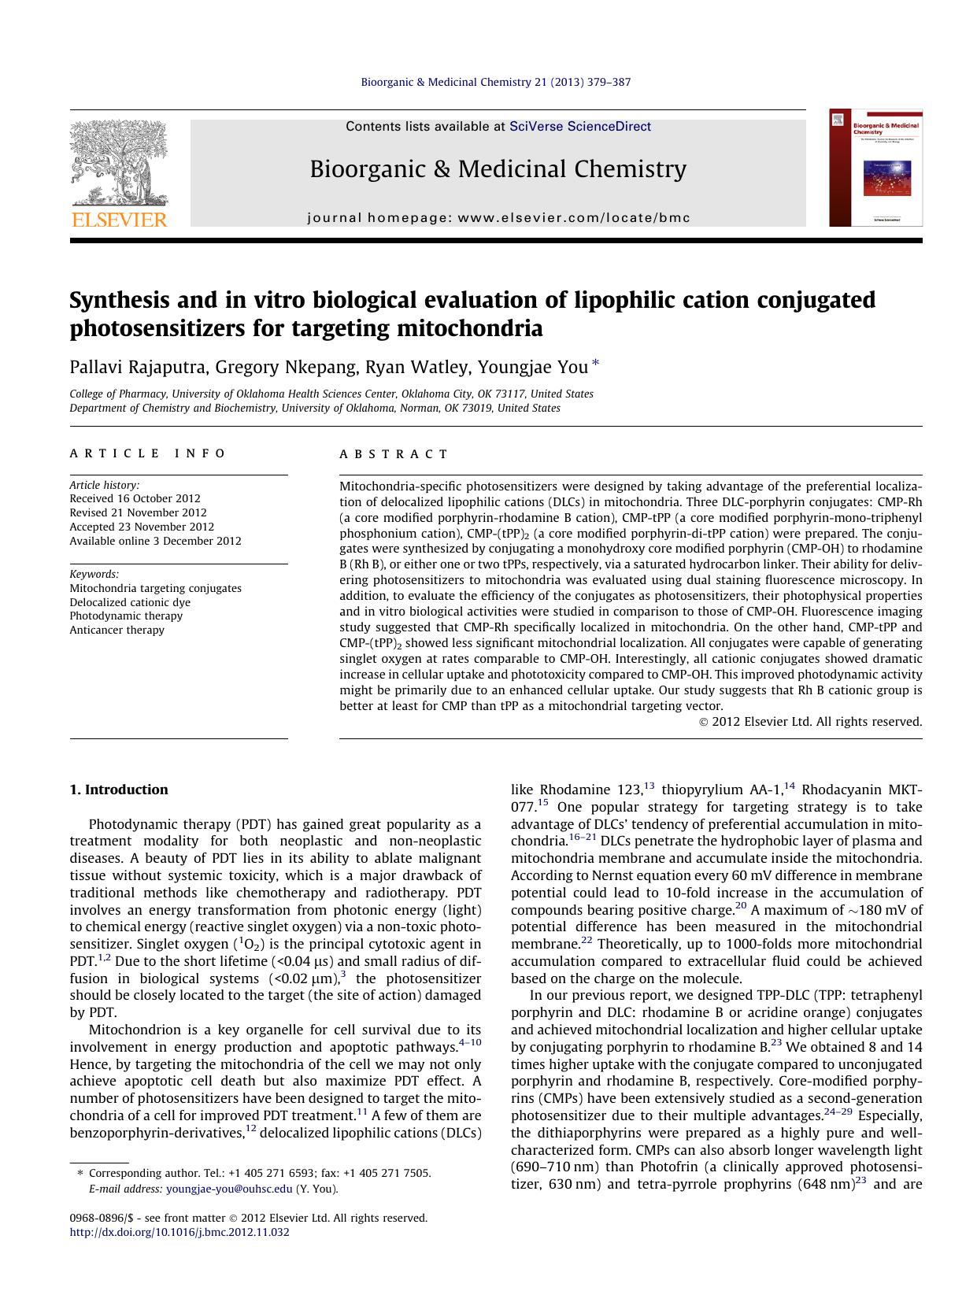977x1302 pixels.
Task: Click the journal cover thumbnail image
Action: (875, 168)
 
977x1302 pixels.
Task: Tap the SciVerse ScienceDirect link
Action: (580, 126)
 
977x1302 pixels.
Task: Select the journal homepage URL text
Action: (498, 218)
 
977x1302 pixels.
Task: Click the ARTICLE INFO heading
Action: (147, 453)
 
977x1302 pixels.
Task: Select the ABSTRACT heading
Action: (394, 454)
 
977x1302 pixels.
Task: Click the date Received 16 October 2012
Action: (135, 498)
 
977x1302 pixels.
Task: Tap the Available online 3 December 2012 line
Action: (155, 541)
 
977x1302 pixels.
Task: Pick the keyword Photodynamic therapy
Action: (126, 616)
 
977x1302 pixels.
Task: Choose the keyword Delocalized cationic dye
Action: (130, 602)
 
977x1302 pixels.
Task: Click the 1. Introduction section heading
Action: (118, 790)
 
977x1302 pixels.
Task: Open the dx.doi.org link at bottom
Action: (179, 1232)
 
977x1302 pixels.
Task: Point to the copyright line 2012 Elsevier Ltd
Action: (811, 721)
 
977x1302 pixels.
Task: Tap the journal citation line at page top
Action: (495, 82)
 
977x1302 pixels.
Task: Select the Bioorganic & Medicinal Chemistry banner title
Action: (498, 169)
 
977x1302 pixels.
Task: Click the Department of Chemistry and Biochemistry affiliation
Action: (315, 408)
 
